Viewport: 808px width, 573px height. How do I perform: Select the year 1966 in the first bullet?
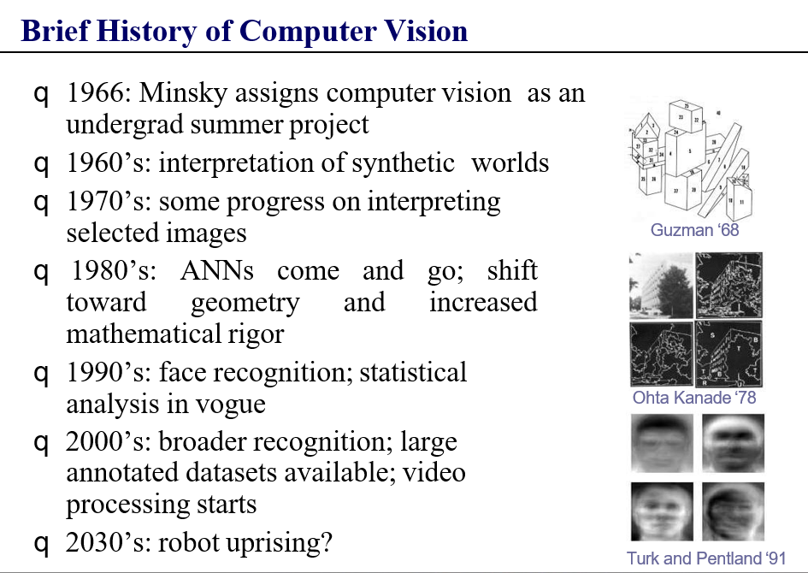(95, 93)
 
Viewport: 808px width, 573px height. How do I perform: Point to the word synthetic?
(403, 163)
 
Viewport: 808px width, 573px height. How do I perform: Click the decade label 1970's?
(109, 202)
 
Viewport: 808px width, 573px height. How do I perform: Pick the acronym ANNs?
(217, 271)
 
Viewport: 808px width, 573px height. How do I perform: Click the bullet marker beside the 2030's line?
(41, 544)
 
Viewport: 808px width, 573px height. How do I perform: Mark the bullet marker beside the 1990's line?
(41, 374)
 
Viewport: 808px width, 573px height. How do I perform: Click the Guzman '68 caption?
(694, 230)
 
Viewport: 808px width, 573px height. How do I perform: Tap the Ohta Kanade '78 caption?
(694, 398)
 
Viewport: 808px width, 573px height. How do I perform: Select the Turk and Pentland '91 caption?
(706, 558)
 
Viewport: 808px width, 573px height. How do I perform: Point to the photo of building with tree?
(661, 285)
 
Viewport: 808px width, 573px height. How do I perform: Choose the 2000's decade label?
(109, 441)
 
